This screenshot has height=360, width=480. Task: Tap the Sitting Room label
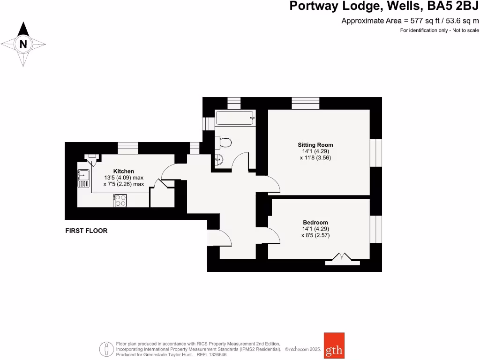tap(315, 145)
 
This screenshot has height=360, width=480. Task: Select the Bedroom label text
tap(315, 222)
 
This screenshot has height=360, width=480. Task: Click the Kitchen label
tap(123, 171)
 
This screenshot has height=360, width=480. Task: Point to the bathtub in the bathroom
tap(235, 118)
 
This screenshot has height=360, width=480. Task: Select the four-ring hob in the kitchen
tap(120, 201)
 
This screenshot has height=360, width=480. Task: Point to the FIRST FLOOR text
tap(86, 231)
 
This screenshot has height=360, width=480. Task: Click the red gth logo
tap(334, 345)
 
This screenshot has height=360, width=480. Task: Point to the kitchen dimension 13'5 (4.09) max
tap(123, 178)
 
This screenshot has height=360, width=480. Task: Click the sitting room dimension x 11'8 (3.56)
tap(315, 158)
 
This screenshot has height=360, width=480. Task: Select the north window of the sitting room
tap(306, 103)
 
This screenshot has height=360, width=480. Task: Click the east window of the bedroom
tap(376, 229)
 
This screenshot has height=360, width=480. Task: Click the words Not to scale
tap(464, 30)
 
